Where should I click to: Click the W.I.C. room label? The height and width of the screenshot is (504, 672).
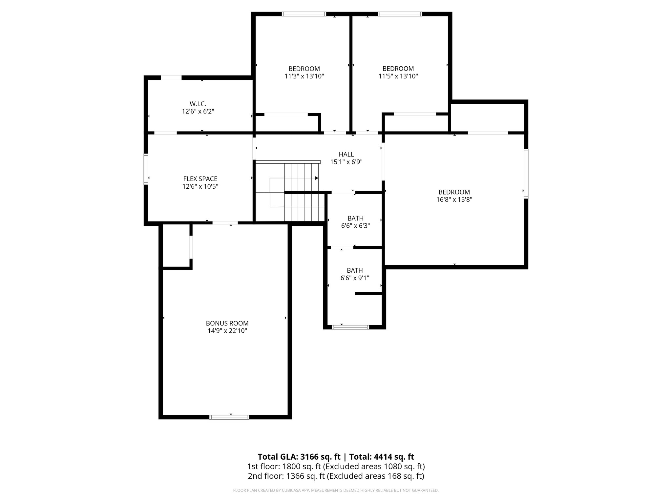(198, 104)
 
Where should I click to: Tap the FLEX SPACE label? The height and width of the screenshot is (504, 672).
(200, 179)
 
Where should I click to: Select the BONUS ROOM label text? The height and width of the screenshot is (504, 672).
(227, 323)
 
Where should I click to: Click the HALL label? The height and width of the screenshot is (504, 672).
(346, 154)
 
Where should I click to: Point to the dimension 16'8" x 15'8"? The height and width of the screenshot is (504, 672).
(454, 199)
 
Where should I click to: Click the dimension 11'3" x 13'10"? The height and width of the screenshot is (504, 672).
(304, 76)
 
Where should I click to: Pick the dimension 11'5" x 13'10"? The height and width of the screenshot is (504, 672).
(398, 76)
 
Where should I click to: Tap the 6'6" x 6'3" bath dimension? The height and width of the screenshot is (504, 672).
(355, 226)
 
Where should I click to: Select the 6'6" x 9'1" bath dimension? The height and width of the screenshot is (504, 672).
(355, 278)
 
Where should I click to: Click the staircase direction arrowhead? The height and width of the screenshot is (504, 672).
(317, 178)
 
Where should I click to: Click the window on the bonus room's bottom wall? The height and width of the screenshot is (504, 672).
(229, 417)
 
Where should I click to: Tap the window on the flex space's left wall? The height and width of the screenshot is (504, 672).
(146, 169)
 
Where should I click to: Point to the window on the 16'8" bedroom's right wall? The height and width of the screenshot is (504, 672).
(526, 174)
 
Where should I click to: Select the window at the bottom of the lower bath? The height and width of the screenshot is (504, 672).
(350, 327)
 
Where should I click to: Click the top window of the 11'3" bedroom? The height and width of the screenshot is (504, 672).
(304, 14)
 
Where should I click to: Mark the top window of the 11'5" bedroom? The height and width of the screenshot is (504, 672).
(400, 14)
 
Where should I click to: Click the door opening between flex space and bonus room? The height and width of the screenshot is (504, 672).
(225, 223)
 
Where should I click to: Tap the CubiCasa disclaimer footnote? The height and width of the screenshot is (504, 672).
(336, 491)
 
